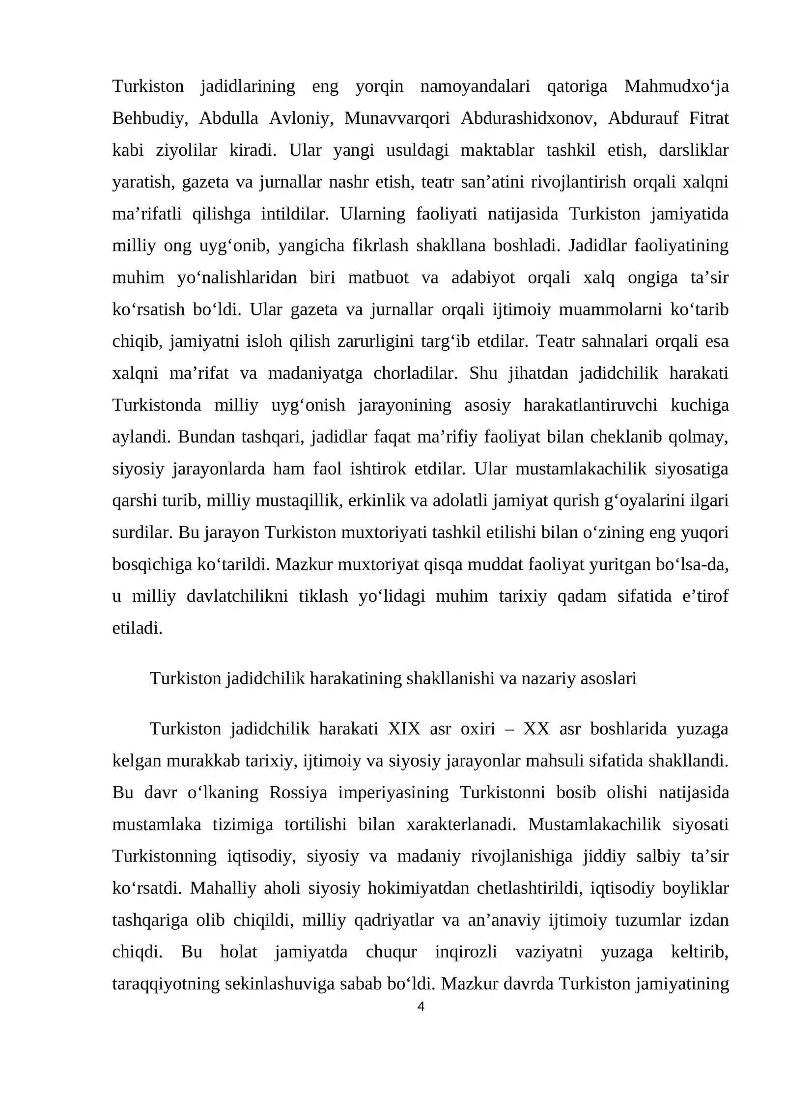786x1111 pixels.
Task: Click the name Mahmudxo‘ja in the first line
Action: (x=676, y=86)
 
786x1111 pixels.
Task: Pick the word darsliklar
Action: (x=693, y=150)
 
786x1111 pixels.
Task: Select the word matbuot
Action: (x=378, y=278)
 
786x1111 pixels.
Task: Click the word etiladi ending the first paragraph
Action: (x=137, y=628)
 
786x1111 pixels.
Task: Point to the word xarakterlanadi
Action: (x=461, y=825)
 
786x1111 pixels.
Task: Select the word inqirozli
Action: (x=466, y=952)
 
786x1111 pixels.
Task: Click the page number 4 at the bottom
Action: (x=421, y=1007)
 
